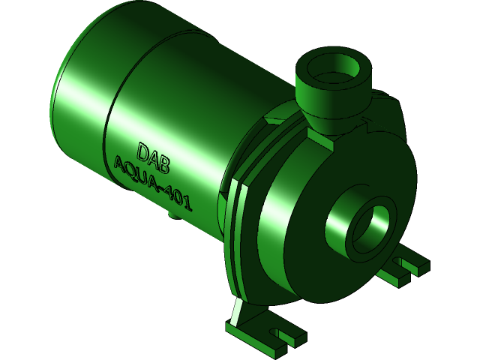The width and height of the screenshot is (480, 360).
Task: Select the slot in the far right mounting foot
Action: pos(409,263)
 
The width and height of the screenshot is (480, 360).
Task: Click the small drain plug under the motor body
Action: pos(173,215)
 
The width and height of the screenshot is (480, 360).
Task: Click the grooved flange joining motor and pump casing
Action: pos(236,232)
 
